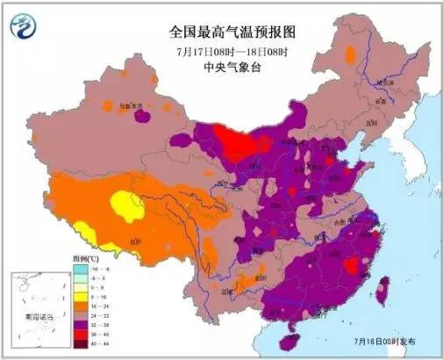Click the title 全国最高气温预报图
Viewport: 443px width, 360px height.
(x=233, y=32)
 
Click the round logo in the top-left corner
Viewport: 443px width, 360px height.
(x=26, y=29)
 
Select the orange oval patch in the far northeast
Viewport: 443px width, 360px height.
(x=353, y=57)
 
